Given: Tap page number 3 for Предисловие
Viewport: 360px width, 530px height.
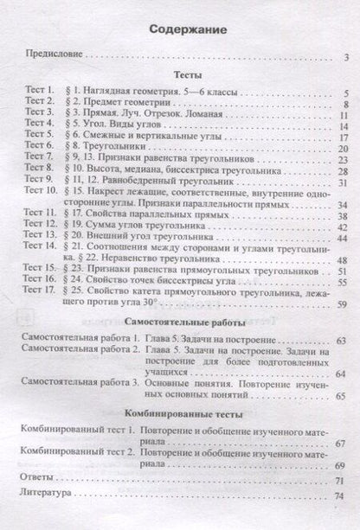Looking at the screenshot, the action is [x=344, y=58].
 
